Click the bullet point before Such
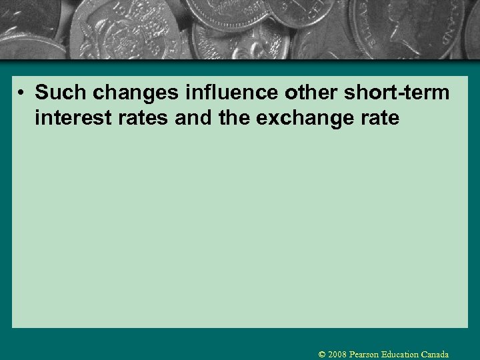coord(23,93)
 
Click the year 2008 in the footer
coord(338,355)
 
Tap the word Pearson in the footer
coord(365,355)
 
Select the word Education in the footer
coord(400,355)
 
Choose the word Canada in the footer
coord(435,355)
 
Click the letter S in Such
coord(42,93)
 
